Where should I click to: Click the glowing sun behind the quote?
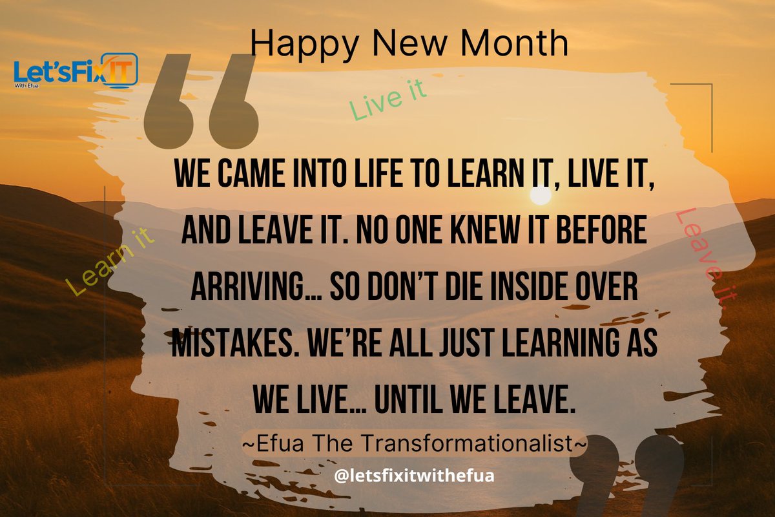coord(541,195)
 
